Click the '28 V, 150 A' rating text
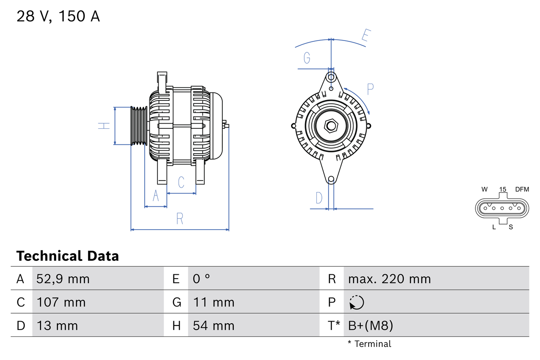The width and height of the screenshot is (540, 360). coord(58,16)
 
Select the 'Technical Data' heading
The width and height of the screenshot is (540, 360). coord(67,256)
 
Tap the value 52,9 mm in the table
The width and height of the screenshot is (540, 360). coord(63,279)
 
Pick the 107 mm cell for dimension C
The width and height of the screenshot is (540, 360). coord(61,302)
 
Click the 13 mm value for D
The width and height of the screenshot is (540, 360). coord(57,326)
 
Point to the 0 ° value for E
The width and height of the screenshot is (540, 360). coord(201,279)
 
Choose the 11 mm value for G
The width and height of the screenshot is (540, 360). coord(213,302)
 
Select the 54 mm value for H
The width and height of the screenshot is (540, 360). coord(213,326)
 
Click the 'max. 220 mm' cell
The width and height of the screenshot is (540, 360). coord(389,279)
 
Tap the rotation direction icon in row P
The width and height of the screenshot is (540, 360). coord(356,302)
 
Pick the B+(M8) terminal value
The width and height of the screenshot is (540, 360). coord(370,326)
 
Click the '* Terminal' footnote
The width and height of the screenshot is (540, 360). coord(370,344)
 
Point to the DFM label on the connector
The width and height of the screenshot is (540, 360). coord(521,189)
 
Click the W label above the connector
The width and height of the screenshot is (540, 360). coord(484,189)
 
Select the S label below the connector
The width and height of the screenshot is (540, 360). coord(510,227)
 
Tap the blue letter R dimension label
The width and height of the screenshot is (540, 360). coord(180,219)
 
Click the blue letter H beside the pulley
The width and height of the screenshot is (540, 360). coord(104,125)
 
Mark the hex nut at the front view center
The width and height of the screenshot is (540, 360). coord(331,126)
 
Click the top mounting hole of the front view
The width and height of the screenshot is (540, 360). coord(331,77)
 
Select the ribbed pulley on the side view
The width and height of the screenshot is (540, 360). coord(138,126)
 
